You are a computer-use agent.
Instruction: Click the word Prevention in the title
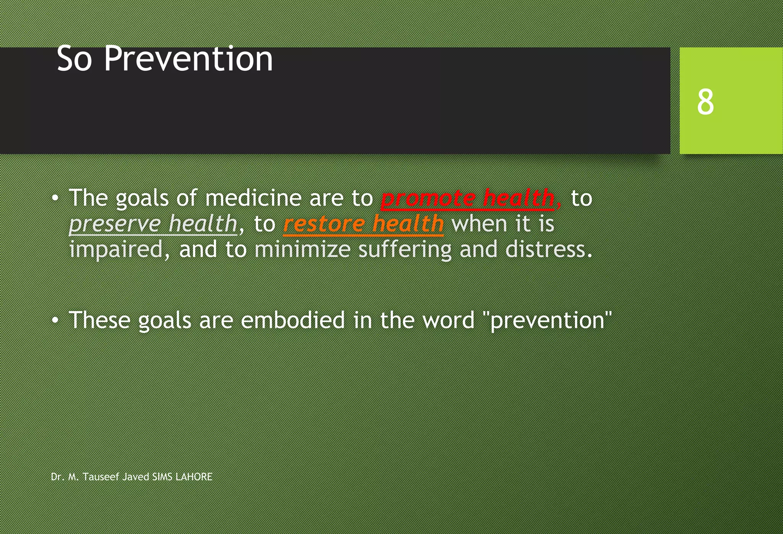(188, 59)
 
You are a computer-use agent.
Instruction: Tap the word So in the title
(74, 59)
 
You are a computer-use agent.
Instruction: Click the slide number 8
(705, 102)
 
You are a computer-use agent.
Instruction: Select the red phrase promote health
(467, 198)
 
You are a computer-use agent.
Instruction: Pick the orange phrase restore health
(363, 224)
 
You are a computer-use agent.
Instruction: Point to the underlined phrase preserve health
(153, 224)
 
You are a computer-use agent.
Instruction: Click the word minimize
(302, 250)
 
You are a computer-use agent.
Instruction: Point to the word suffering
(404, 250)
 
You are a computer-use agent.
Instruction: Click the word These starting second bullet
(99, 320)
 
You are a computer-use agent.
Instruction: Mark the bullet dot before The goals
(55, 198)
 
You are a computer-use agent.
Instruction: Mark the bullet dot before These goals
(55, 320)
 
